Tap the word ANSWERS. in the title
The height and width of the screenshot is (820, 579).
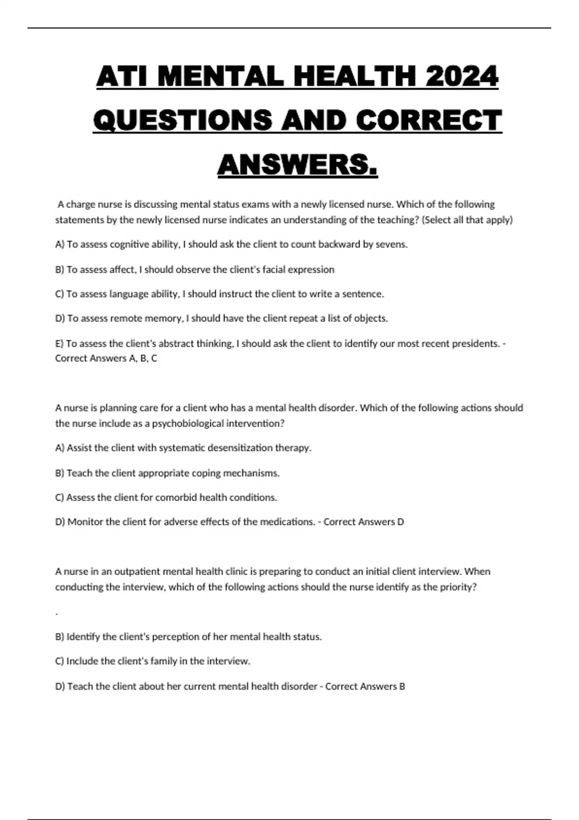[x=297, y=165]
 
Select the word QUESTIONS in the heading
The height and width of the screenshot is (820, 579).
[x=182, y=120]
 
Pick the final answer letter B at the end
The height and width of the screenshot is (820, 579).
[x=402, y=686]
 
